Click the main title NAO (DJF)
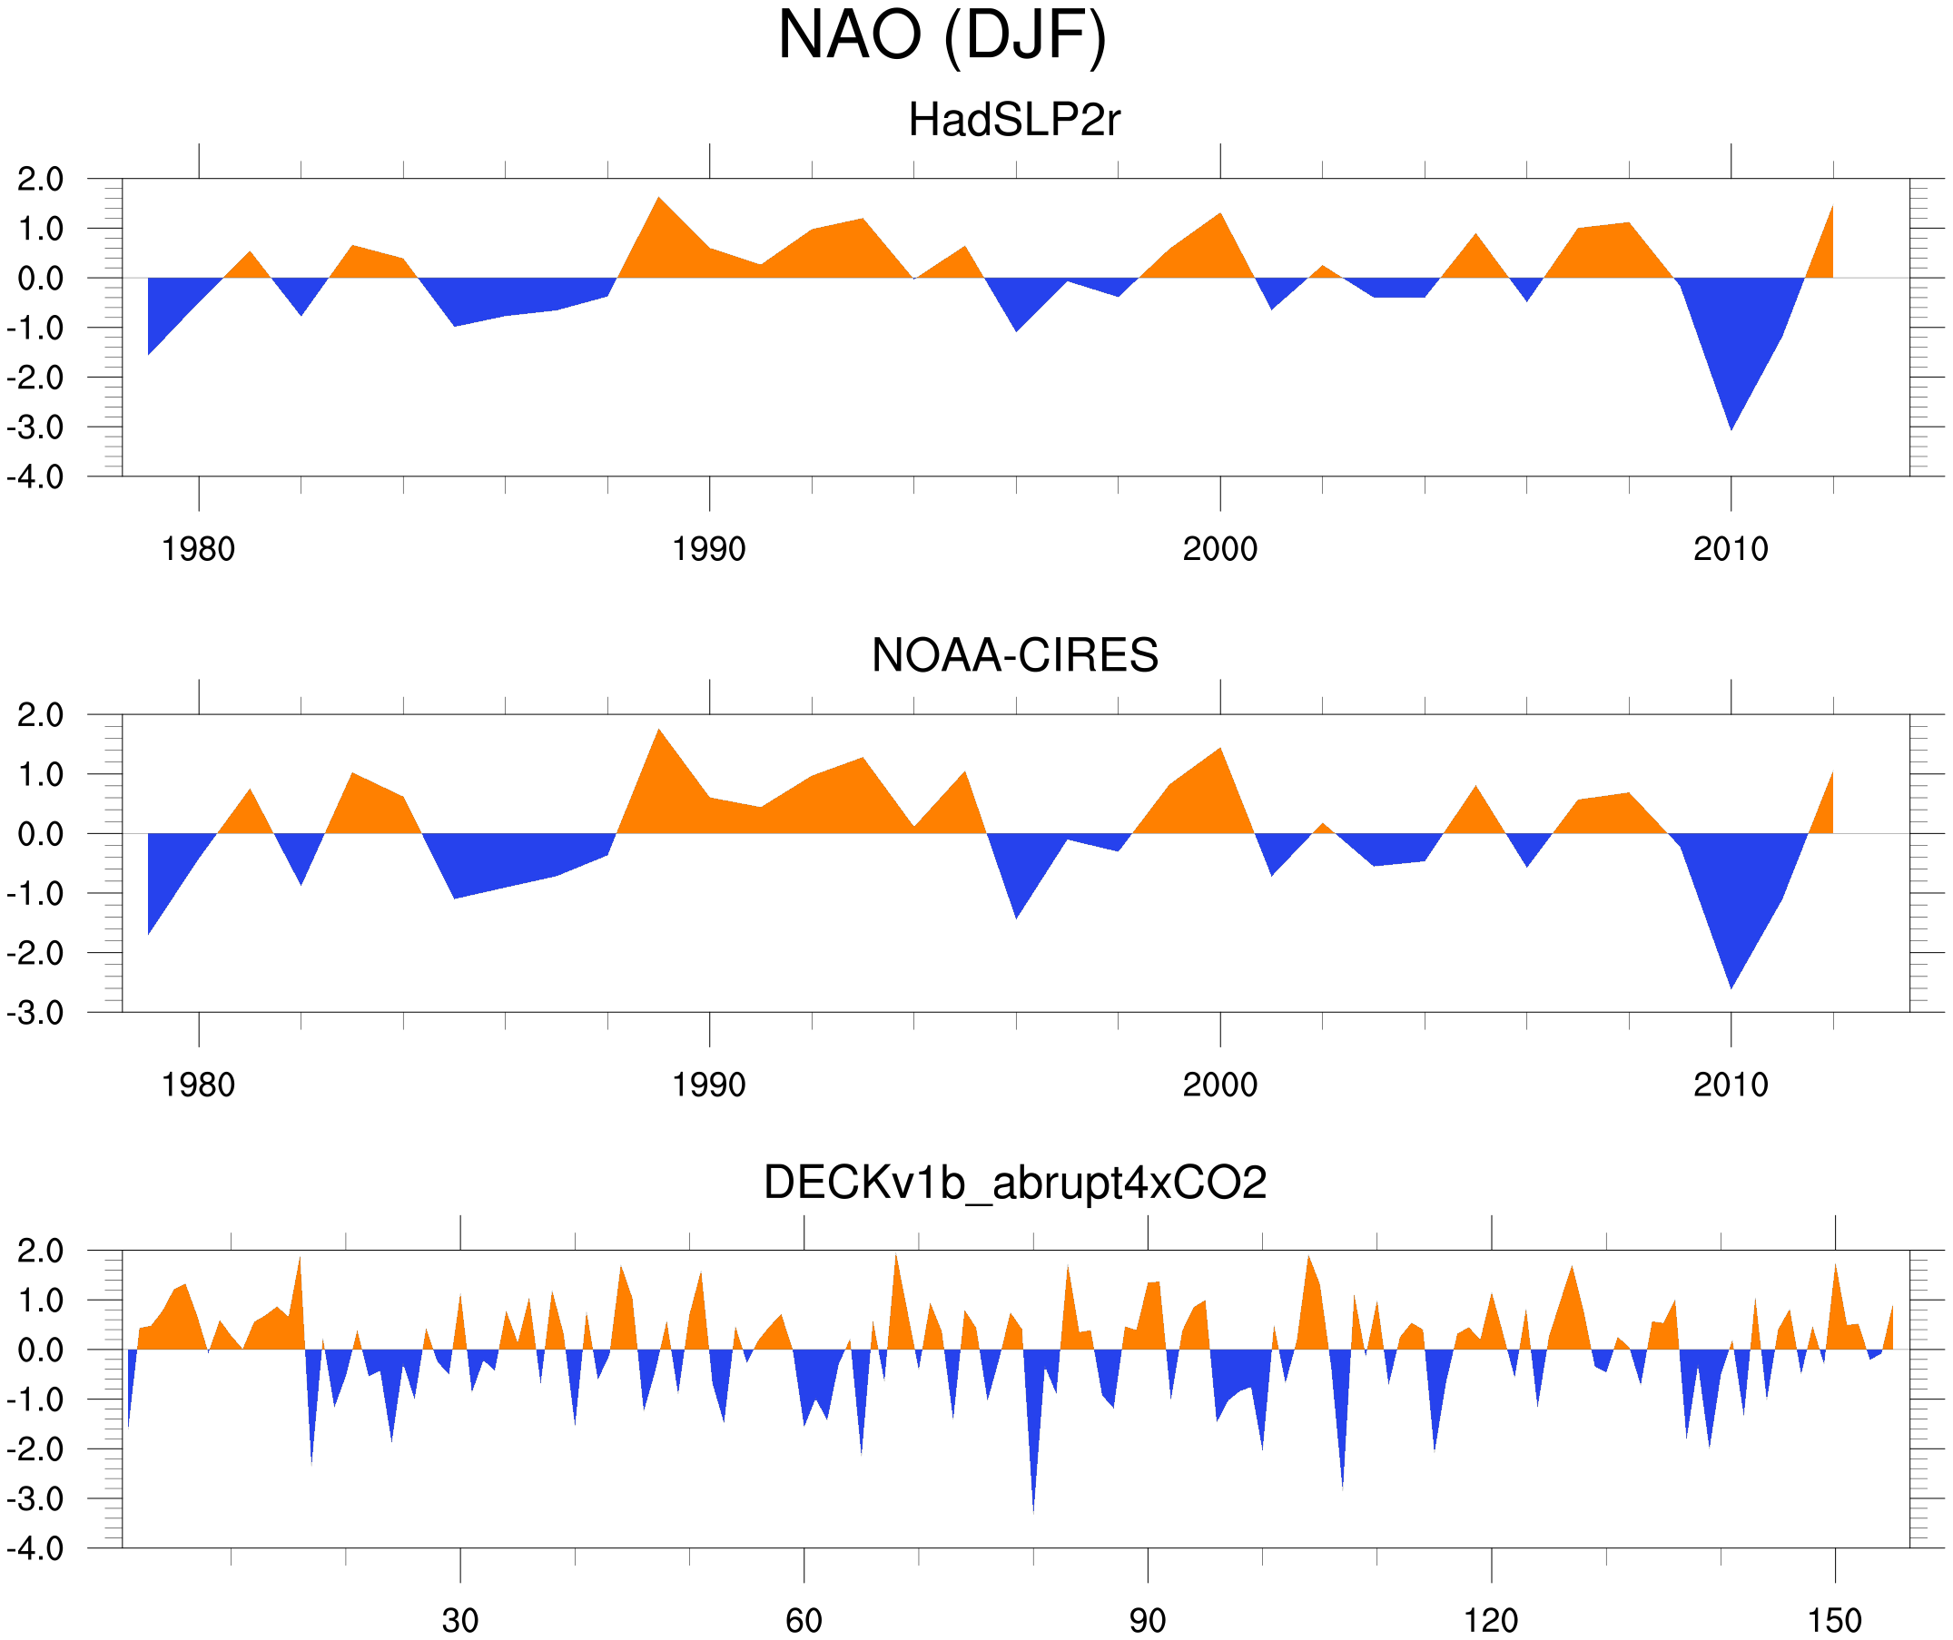(x=942, y=35)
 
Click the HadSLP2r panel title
(x=1013, y=120)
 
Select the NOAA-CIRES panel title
(x=1014, y=655)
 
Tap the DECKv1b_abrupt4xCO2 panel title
(x=1014, y=1183)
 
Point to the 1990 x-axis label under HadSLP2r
(x=709, y=549)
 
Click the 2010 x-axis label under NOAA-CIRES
(x=1730, y=1085)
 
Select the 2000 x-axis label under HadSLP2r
(x=1219, y=549)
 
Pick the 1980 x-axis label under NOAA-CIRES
(x=198, y=1085)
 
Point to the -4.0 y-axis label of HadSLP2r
(x=35, y=477)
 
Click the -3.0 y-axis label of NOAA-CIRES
(x=35, y=1013)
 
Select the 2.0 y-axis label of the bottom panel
(x=40, y=1251)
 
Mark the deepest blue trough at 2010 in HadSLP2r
(x=1731, y=423)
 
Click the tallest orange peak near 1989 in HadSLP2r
(x=658, y=202)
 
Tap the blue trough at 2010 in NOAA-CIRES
(x=1731, y=982)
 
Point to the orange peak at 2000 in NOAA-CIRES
(x=1219, y=753)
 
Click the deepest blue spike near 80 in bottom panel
(x=1033, y=1501)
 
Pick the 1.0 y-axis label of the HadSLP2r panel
(x=40, y=229)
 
